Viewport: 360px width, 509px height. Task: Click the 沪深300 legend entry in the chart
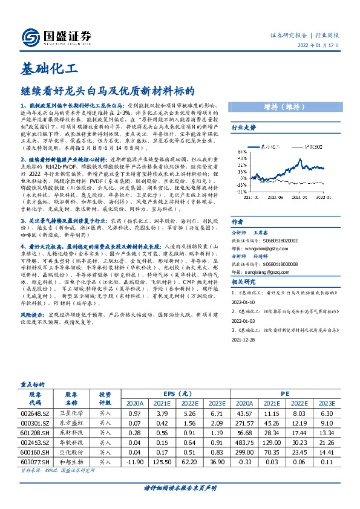[310, 147]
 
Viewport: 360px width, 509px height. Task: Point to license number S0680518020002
[275, 239]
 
